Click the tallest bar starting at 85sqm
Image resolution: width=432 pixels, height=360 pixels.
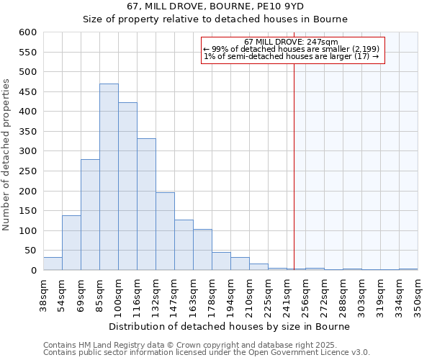pos(109,177)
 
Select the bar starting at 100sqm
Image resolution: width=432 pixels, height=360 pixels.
pos(127,186)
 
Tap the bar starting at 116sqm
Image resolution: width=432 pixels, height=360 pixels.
pos(146,204)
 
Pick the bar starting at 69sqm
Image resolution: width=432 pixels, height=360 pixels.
pos(90,215)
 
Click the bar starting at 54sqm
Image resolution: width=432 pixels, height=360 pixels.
pos(71,243)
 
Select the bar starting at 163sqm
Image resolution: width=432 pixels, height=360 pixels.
pos(202,250)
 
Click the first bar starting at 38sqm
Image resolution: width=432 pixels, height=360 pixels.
pos(53,264)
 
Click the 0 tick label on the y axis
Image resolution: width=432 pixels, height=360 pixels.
pos(33,271)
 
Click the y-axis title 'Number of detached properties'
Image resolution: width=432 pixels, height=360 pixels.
pos(7,156)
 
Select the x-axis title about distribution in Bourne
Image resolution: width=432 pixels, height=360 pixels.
pos(230,326)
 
